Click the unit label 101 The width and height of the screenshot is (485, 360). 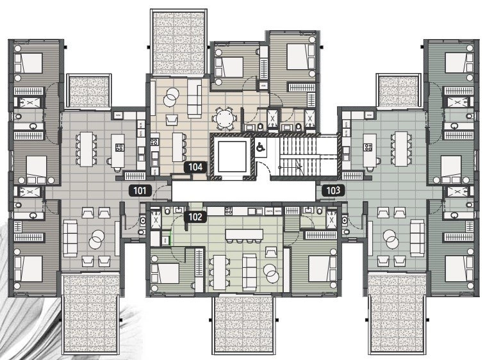pyautogui.click(x=140, y=190)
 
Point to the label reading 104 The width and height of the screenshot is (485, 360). pyautogui.click(x=195, y=167)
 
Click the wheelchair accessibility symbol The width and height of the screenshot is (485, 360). pyautogui.click(x=261, y=147)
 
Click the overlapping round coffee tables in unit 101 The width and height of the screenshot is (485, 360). pyautogui.click(x=96, y=239)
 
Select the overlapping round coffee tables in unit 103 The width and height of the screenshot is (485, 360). pyautogui.click(x=390, y=239)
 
